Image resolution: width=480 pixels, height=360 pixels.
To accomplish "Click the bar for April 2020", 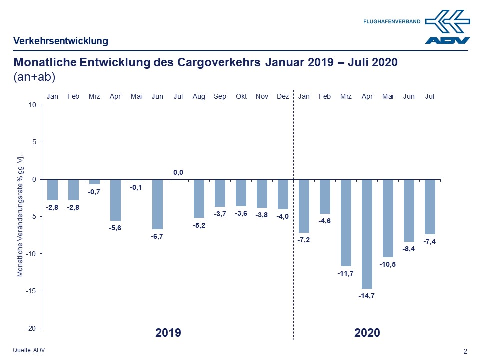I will pyautogui.click(x=367, y=234).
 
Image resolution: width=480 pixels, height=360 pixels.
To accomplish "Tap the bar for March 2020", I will pyautogui.click(x=346, y=222).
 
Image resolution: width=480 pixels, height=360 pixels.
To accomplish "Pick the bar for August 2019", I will pyautogui.click(x=199, y=198).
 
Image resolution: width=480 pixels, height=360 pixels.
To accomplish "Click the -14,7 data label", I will pyautogui.click(x=367, y=296).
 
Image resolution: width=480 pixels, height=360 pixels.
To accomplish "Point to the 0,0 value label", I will pyautogui.click(x=178, y=172).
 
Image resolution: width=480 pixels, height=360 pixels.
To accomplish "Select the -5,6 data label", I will pyautogui.click(x=115, y=228).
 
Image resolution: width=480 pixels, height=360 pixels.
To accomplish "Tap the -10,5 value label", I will pyautogui.click(x=388, y=264).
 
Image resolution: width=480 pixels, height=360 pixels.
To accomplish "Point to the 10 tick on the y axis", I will pyautogui.click(x=33, y=105).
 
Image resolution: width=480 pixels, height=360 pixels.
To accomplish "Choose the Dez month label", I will pyautogui.click(x=283, y=96).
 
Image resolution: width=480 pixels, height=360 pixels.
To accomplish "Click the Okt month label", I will pyautogui.click(x=241, y=96).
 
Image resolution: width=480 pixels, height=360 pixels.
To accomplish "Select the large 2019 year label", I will pyautogui.click(x=168, y=332).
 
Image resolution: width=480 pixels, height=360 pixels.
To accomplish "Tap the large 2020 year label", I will pyautogui.click(x=367, y=332).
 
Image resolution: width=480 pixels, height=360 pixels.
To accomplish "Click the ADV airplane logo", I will pyautogui.click(x=447, y=27).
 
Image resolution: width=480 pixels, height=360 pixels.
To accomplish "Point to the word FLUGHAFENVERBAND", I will pyautogui.click(x=392, y=21).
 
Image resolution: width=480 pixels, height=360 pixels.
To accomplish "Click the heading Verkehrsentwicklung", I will pyautogui.click(x=60, y=41).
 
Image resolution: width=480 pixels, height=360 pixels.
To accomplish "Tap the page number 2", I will pyautogui.click(x=466, y=351).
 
